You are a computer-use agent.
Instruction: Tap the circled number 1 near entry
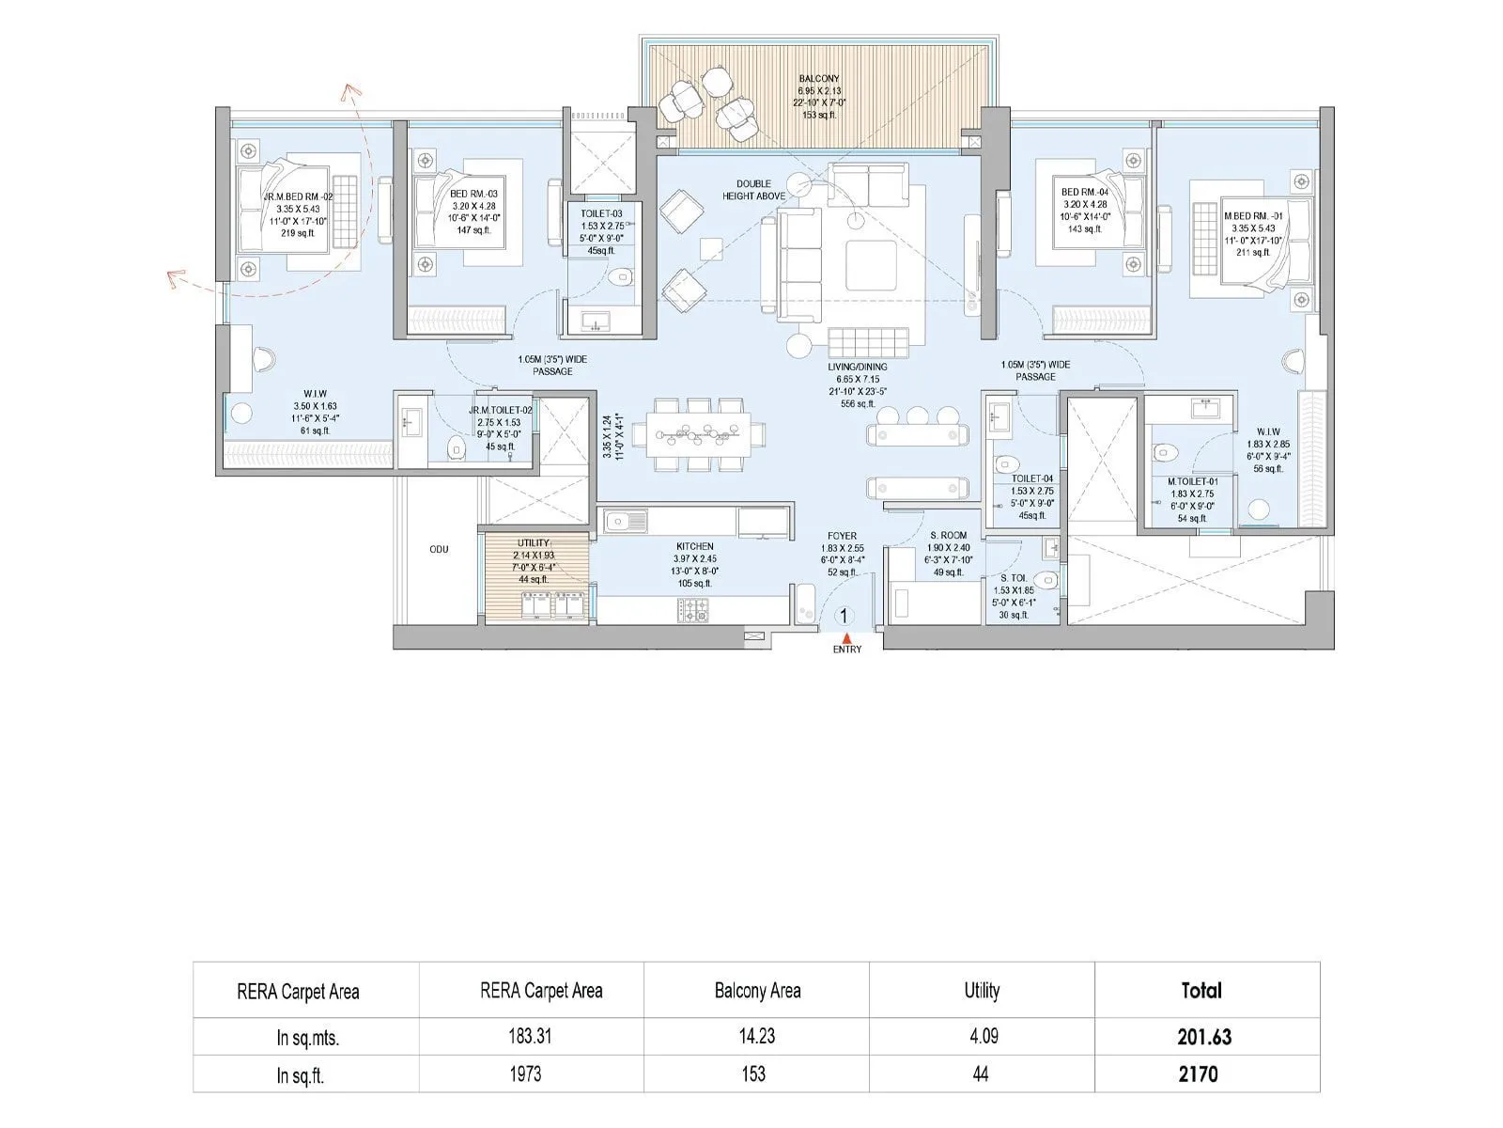(x=844, y=617)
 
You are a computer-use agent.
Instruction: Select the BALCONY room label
(x=819, y=79)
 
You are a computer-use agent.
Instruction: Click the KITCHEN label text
(x=694, y=546)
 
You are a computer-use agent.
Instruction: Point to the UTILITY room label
(x=534, y=543)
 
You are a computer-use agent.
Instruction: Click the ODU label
(x=439, y=549)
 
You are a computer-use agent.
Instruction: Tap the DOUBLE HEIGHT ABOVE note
(x=753, y=190)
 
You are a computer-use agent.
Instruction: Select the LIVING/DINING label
(x=857, y=367)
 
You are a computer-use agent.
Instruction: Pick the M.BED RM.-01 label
(x=1253, y=215)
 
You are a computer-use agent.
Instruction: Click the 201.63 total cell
(x=1204, y=1037)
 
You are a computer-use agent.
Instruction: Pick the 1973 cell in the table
(x=525, y=1073)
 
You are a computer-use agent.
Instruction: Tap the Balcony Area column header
(x=757, y=990)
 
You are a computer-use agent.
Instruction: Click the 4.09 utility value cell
(x=981, y=1037)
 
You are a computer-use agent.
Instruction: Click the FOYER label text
(x=842, y=536)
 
